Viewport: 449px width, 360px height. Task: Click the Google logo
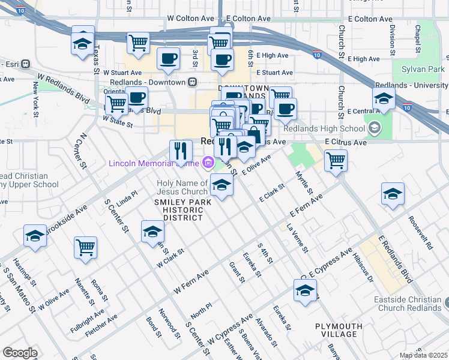point(20,353)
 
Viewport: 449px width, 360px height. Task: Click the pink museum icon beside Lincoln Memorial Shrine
point(208,161)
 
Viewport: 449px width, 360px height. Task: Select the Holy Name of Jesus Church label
point(182,187)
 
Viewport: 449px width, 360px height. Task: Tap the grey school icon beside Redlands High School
point(375,127)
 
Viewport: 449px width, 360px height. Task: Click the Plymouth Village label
point(339,330)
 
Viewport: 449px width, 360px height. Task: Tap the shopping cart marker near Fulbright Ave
point(86,247)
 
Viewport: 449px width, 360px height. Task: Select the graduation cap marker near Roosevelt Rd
point(393,194)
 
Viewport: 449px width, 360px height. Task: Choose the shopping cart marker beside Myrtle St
point(336,160)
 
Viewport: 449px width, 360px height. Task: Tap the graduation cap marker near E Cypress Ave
point(305,290)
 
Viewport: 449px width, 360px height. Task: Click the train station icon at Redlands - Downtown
point(193,82)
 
